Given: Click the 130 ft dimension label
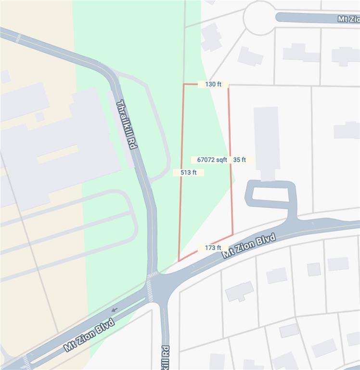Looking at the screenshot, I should [x=213, y=84].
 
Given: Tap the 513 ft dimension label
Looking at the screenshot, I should [x=188, y=172].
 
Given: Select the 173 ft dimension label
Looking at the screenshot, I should [x=213, y=248].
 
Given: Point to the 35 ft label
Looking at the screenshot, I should [x=240, y=159].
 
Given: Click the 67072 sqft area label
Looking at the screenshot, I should [x=212, y=159].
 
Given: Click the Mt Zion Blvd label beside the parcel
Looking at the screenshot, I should [x=249, y=246].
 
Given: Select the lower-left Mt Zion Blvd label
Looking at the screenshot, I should [x=90, y=334].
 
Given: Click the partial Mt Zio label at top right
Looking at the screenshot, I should [x=348, y=19].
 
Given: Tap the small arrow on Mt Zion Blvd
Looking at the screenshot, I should [x=114, y=309].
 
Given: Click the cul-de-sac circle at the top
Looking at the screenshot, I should [x=259, y=18].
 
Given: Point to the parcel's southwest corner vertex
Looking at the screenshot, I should [x=179, y=261].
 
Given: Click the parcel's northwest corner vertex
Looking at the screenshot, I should [x=183, y=84].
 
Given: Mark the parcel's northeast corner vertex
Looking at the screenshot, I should [x=228, y=85].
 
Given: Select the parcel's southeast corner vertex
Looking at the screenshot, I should [x=233, y=235].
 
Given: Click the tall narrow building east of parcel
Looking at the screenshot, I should [x=267, y=142].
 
